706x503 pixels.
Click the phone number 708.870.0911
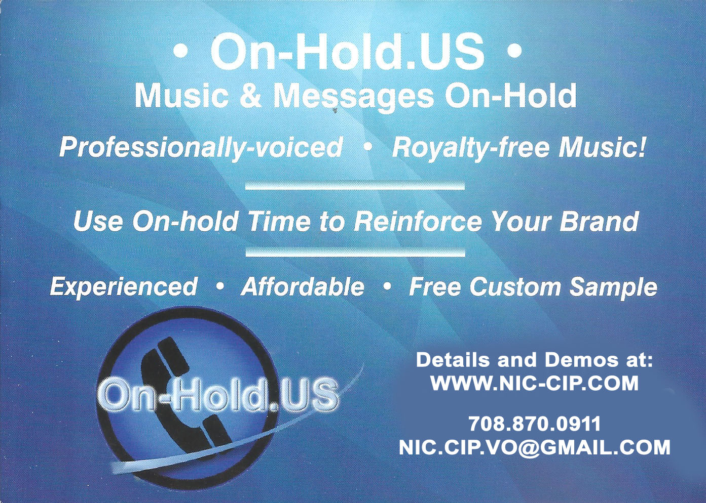click(x=534, y=424)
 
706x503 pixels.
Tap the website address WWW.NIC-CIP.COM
click(x=535, y=384)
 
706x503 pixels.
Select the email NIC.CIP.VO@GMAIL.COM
click(x=535, y=447)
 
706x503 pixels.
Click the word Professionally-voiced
click(x=201, y=147)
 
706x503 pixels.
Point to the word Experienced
click(x=124, y=286)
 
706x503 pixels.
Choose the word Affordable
click(x=303, y=286)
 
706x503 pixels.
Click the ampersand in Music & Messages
click(x=250, y=96)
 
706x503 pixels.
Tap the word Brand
click(x=599, y=221)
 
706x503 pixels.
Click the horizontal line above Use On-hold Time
click(x=355, y=186)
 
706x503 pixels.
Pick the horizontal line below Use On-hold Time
click(x=355, y=252)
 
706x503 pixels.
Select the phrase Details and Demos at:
click(x=535, y=360)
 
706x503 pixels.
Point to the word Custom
click(x=515, y=286)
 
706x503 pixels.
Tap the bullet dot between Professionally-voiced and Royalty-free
click(x=367, y=147)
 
